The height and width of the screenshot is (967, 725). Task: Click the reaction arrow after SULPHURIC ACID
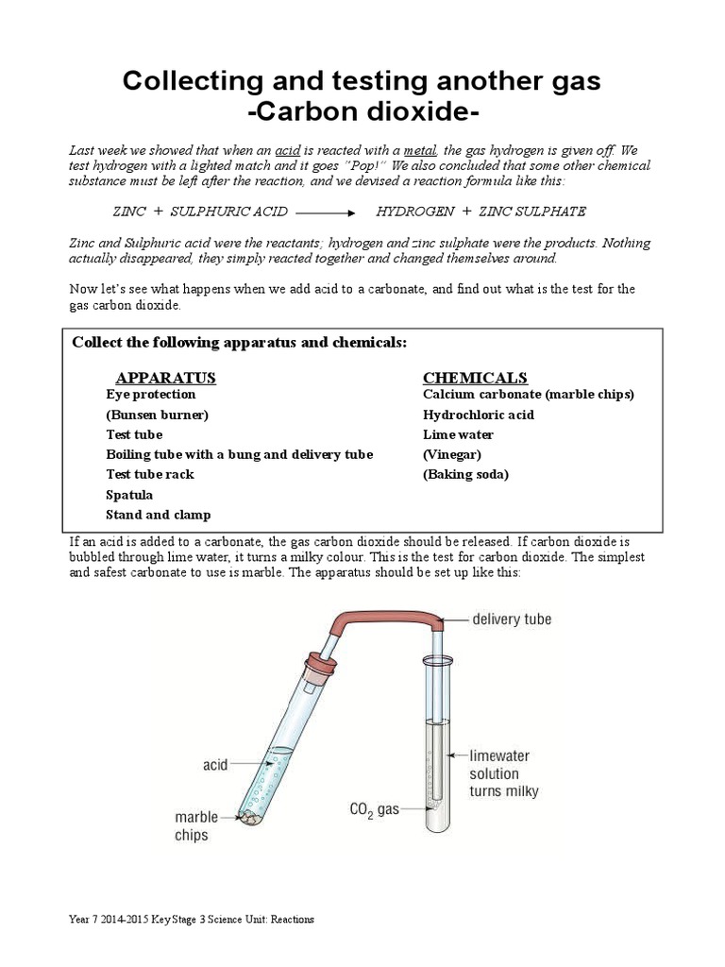point(328,212)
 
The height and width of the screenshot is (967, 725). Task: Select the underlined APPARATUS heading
point(165,378)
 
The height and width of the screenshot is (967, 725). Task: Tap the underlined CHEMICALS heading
point(475,378)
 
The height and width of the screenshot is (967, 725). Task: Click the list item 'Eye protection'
point(150,395)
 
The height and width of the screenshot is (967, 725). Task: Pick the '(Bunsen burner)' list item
point(157,415)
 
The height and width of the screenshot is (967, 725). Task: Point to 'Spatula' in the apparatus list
point(129,495)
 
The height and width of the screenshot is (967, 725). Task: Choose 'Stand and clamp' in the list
point(158,515)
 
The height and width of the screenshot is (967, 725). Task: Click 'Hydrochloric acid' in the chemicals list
point(478,415)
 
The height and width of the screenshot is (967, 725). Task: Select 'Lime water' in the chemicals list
point(458,435)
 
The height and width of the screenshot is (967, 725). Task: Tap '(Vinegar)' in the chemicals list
point(451,454)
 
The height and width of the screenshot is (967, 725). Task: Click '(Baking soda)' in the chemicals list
point(465,475)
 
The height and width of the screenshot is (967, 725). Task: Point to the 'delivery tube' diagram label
point(512,619)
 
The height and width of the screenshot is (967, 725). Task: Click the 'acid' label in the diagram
point(215,764)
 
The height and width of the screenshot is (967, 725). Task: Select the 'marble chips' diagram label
point(196,825)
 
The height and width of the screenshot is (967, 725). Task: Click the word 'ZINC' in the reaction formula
point(129,212)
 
